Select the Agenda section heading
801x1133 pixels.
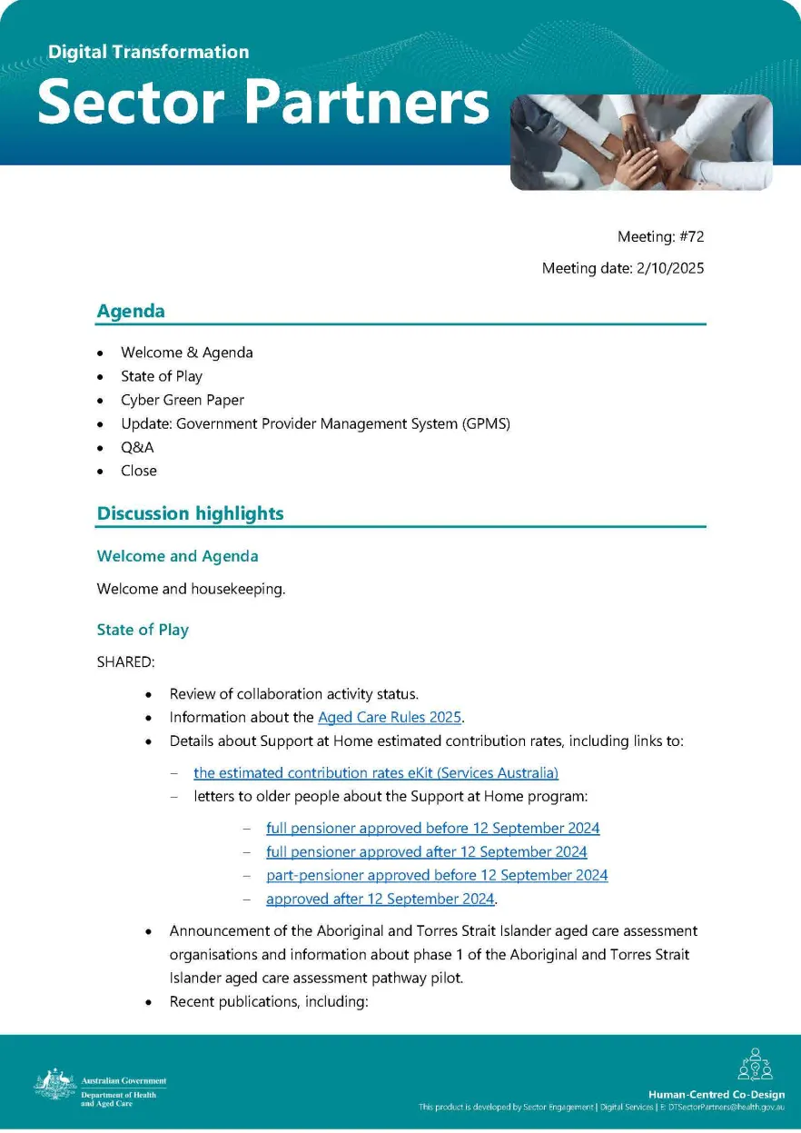coord(131,311)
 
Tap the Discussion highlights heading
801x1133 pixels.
coord(190,513)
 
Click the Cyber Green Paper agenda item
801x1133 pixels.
coord(182,400)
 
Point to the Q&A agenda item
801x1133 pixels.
coord(137,447)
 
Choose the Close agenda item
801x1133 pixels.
coord(138,471)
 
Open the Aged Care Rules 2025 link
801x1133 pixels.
coord(390,718)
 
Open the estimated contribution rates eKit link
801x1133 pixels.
coord(375,773)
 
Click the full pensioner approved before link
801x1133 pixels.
coord(432,829)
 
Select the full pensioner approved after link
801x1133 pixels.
coord(426,852)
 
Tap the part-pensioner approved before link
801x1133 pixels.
coord(437,876)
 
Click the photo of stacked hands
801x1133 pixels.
coord(641,142)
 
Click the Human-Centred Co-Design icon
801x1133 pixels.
coord(755,1066)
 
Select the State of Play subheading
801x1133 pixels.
coord(143,630)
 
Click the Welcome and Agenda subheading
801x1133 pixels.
coord(177,556)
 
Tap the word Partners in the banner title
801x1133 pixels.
coord(368,104)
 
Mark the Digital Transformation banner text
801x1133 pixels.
coord(148,52)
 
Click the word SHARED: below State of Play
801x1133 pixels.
coord(124,662)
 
